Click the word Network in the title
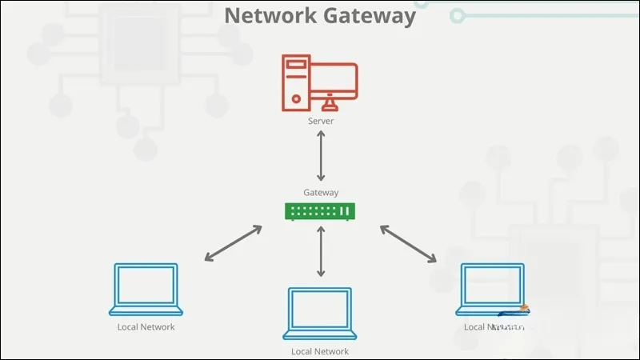point(268,15)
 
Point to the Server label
point(320,122)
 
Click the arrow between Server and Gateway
point(321,157)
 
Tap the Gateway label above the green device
point(320,192)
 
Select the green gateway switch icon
point(320,211)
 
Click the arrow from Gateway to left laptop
point(233,243)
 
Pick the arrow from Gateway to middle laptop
point(321,251)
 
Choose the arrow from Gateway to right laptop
point(408,243)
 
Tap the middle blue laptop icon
point(320,313)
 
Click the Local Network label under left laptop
point(146,327)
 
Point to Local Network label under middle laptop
point(320,351)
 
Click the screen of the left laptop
point(146,284)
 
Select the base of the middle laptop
point(320,336)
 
